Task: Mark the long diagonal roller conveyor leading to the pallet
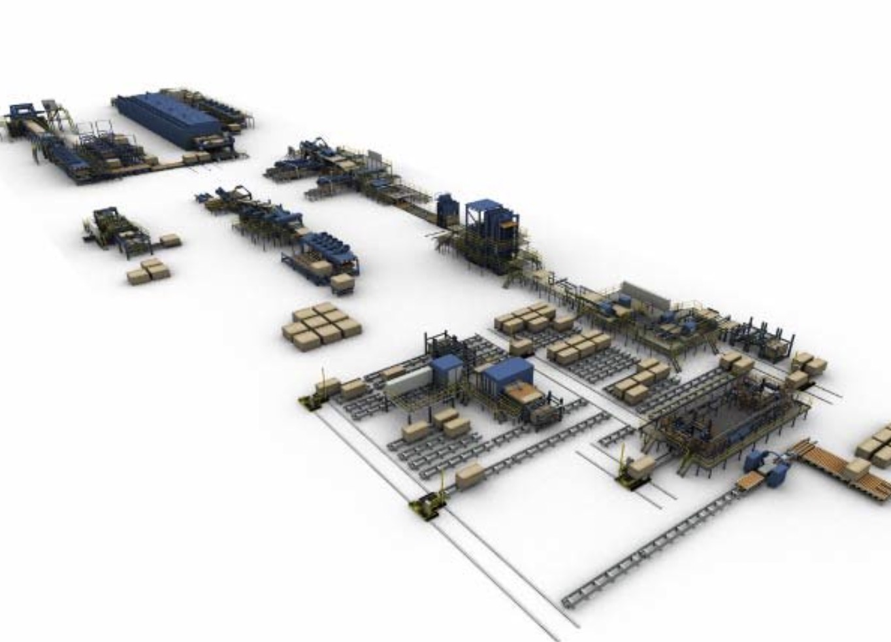[653, 549]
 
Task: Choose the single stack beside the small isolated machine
[170, 241]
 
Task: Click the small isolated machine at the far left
[114, 229]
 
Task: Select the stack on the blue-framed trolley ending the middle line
[342, 282]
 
